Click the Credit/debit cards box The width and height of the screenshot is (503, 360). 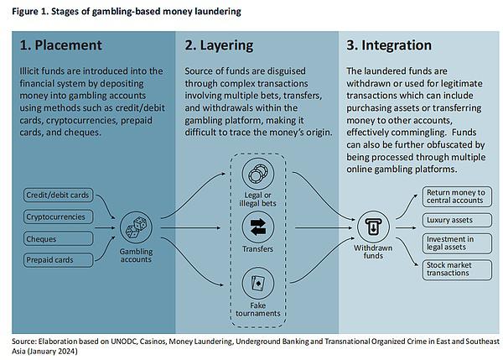pos(58,195)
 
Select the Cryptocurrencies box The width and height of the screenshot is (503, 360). pos(58,217)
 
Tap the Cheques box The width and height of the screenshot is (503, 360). pos(58,239)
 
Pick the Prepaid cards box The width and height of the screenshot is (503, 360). pos(58,260)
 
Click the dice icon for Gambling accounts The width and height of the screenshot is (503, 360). pos(136,227)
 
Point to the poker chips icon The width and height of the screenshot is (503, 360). pos(258,174)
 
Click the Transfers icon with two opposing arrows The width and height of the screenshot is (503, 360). pos(258,227)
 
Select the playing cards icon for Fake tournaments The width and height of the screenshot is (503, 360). pos(258,284)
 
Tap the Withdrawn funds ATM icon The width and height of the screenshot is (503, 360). pos(373,227)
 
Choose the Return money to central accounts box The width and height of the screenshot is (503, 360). pos(457,196)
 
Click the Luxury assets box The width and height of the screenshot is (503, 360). pos(457,220)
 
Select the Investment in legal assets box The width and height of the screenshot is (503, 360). pos(457,243)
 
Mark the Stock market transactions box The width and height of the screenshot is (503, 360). pos(457,269)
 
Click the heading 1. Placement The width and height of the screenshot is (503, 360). pos(60,45)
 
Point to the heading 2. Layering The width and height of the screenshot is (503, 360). pos(219,46)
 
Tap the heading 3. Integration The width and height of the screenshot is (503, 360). pos(389,46)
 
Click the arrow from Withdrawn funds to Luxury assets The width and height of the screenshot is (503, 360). pos(406,227)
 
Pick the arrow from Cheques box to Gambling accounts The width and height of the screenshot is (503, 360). pos(105,227)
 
